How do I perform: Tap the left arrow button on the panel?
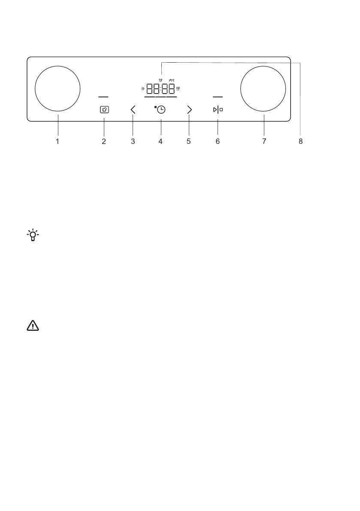[133, 109]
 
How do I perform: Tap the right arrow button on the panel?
[190, 109]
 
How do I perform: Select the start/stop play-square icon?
[218, 110]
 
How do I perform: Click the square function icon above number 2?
[104, 110]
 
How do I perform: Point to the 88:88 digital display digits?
[160, 89]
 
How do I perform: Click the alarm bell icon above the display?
[160, 80]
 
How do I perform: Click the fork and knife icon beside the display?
[178, 89]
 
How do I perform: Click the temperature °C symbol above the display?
[172, 80]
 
